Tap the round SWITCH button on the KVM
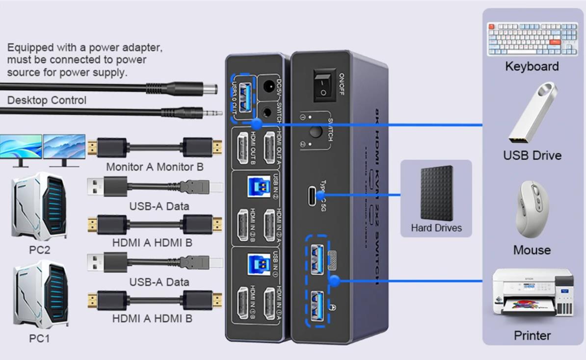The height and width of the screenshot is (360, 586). point(315,131)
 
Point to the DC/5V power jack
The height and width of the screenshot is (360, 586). point(268,86)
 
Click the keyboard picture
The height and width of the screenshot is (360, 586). point(532,39)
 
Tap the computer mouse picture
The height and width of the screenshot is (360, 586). point(532,209)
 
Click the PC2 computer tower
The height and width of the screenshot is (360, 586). point(39,206)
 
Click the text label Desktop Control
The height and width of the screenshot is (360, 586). point(47,101)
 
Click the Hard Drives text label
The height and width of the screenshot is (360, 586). point(436,228)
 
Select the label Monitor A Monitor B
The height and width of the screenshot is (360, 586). point(155,167)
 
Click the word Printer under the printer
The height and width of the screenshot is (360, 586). point(532,336)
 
